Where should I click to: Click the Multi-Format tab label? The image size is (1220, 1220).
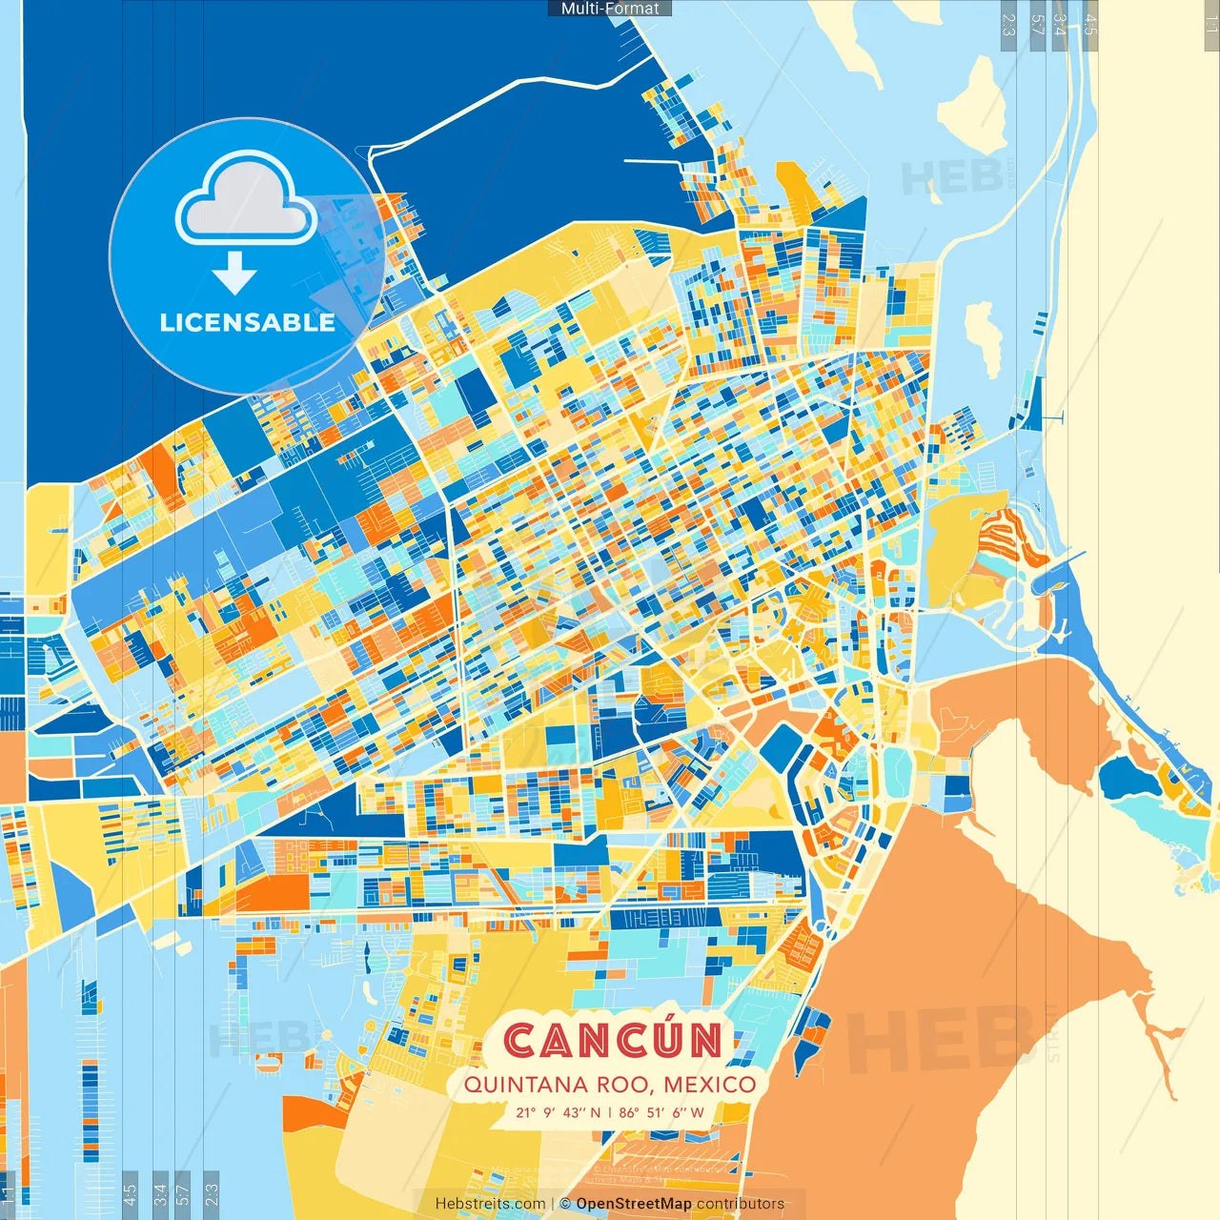[x=610, y=9]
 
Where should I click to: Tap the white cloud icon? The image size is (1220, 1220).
[x=246, y=198]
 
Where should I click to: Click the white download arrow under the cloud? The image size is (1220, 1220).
[x=234, y=274]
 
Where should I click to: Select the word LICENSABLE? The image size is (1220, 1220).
[x=247, y=322]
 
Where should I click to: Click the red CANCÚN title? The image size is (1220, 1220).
[x=613, y=1040]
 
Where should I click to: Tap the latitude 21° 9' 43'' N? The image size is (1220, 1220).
[x=559, y=1112]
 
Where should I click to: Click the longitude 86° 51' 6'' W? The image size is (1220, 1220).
[x=661, y=1112]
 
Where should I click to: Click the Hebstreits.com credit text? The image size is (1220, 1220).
[x=490, y=1204]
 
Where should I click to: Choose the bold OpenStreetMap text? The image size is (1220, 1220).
[x=633, y=1204]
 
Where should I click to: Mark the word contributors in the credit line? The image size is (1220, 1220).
[x=741, y=1204]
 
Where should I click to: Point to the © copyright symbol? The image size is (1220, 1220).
[x=565, y=1204]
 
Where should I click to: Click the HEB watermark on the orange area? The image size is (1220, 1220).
[x=939, y=1040]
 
